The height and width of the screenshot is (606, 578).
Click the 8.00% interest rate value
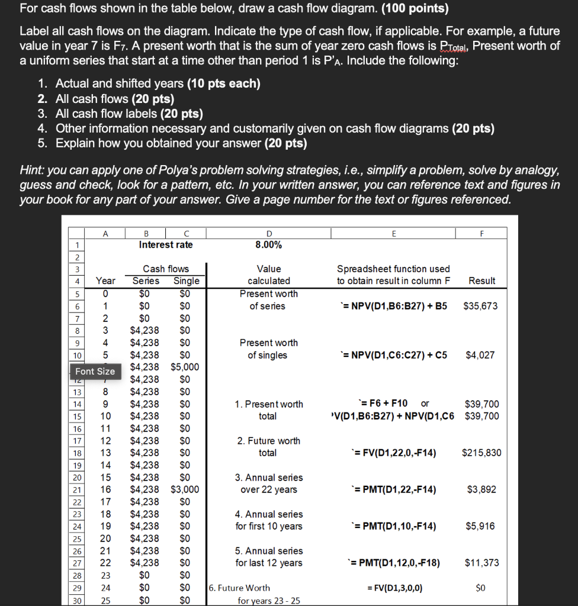point(268,244)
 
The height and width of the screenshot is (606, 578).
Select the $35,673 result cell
point(480,306)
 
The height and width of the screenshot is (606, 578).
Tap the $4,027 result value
point(480,355)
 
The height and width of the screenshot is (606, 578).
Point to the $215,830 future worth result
point(481,453)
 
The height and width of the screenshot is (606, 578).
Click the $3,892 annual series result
point(481,489)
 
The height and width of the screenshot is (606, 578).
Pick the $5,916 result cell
point(481,526)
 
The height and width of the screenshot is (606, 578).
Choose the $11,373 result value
point(481,563)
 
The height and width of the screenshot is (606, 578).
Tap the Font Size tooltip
point(95,371)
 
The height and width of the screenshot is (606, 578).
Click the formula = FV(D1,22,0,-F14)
point(394,453)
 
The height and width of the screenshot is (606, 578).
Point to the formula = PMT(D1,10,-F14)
point(394,526)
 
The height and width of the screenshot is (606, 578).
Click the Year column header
point(105,281)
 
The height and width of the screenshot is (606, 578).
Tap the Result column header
point(481,281)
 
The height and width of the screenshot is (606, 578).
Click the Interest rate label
point(165,244)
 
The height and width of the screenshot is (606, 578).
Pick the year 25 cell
point(105,600)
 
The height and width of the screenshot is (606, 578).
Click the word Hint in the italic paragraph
point(32,170)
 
